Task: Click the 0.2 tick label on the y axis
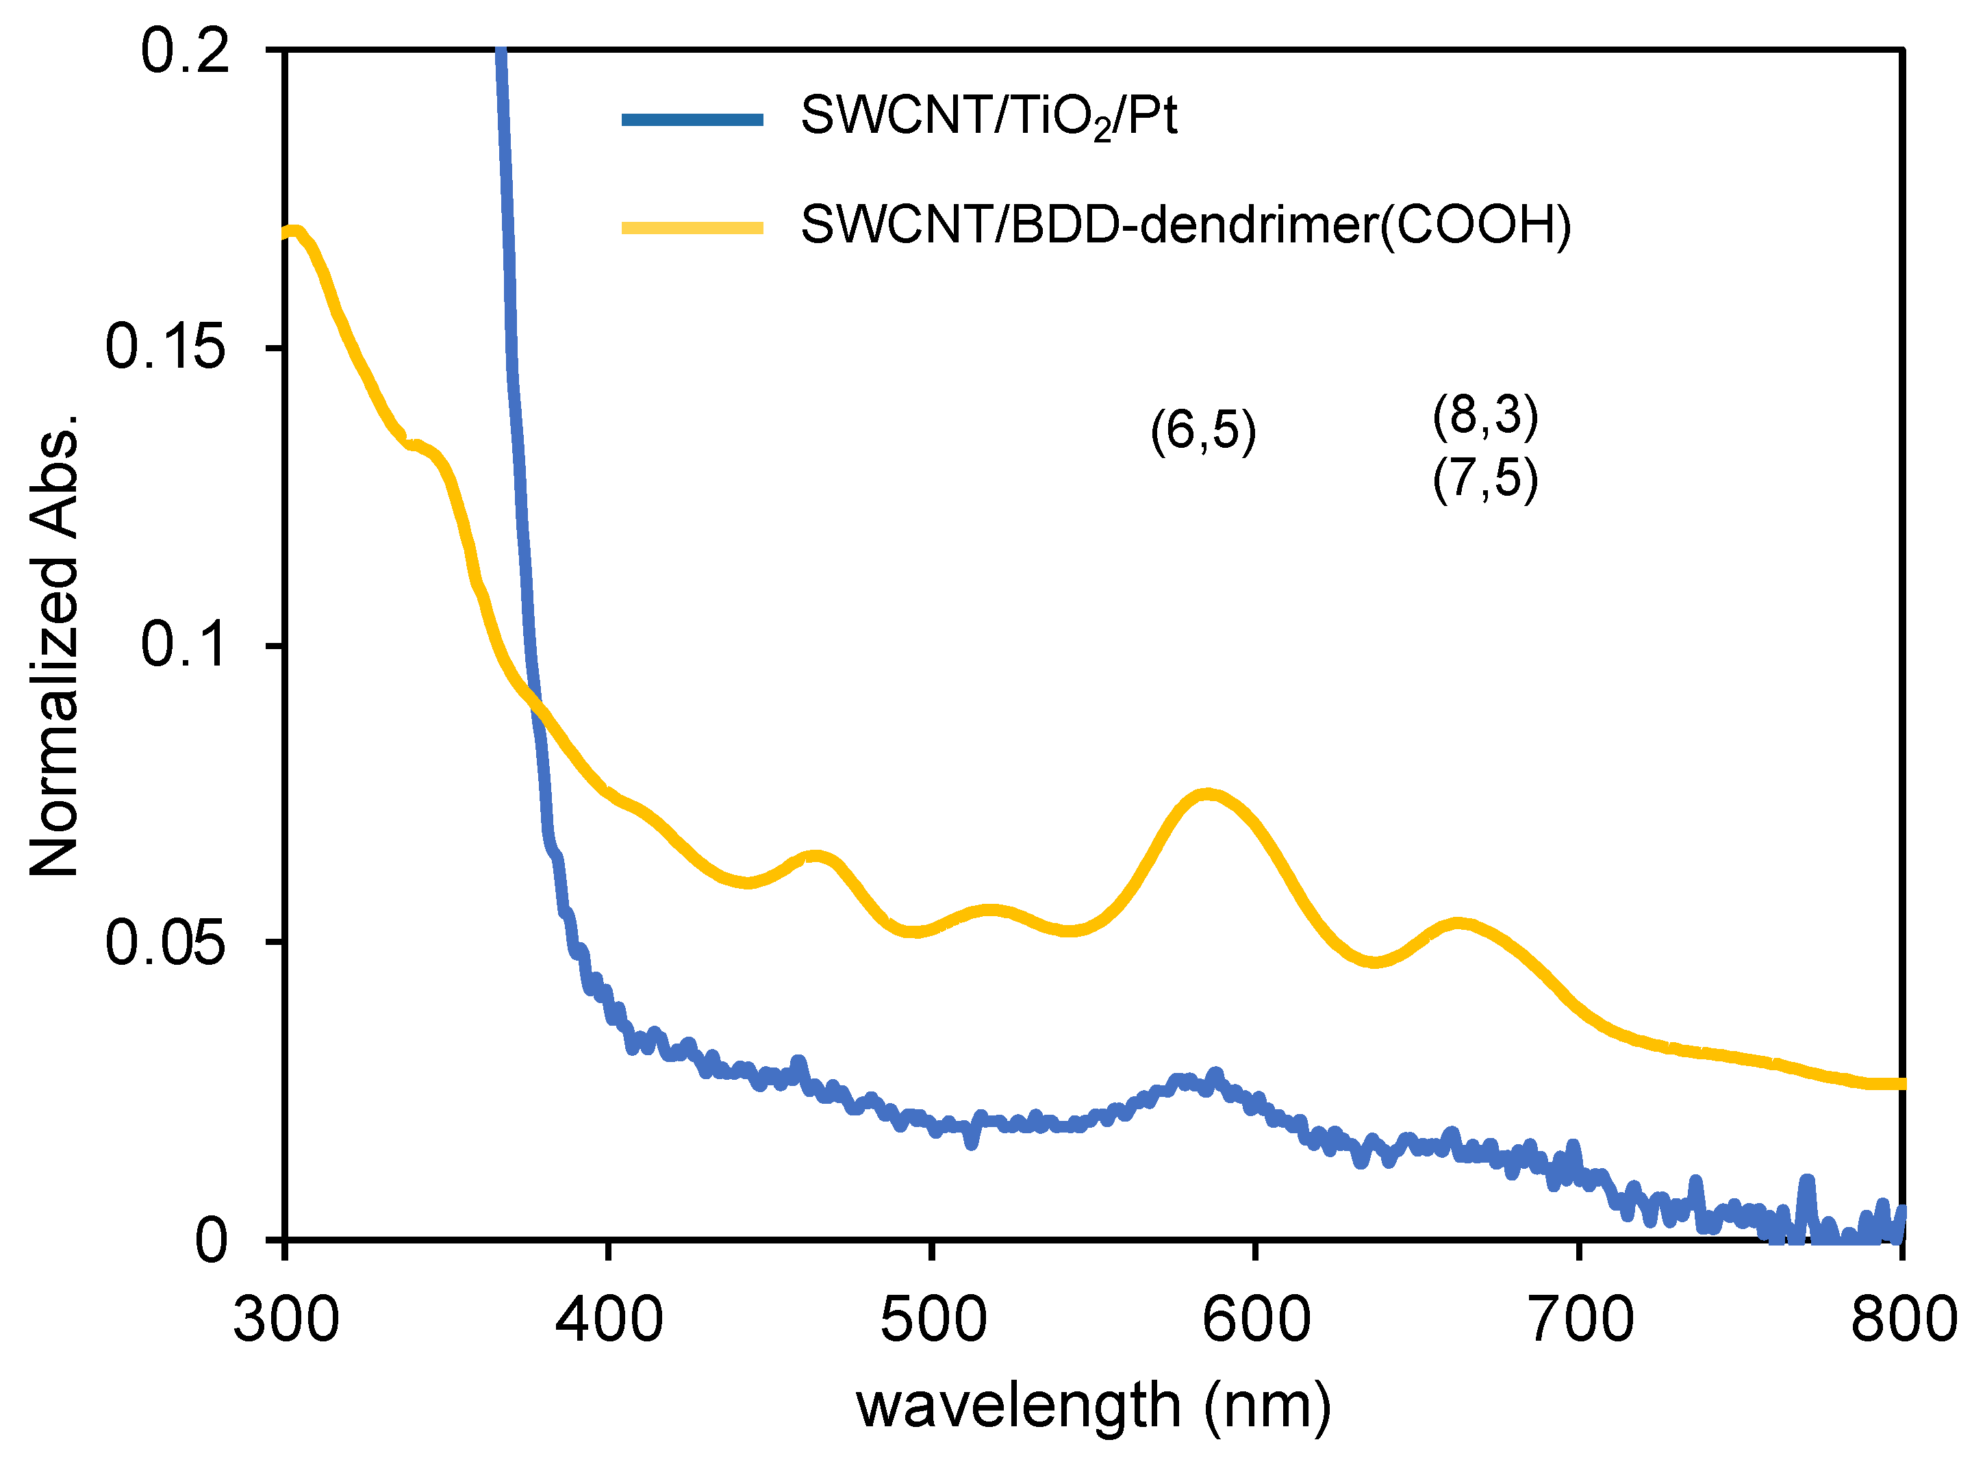(185, 51)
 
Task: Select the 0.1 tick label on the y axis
(185, 644)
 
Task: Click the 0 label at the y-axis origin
(211, 1240)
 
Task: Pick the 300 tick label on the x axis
(286, 1319)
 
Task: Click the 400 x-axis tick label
(609, 1319)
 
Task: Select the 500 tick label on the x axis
(933, 1319)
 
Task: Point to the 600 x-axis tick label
(1256, 1319)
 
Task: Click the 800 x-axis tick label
(1903, 1319)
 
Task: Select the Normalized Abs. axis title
(55, 644)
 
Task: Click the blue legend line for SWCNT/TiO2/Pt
(692, 120)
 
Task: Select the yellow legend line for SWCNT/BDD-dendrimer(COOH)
(692, 228)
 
